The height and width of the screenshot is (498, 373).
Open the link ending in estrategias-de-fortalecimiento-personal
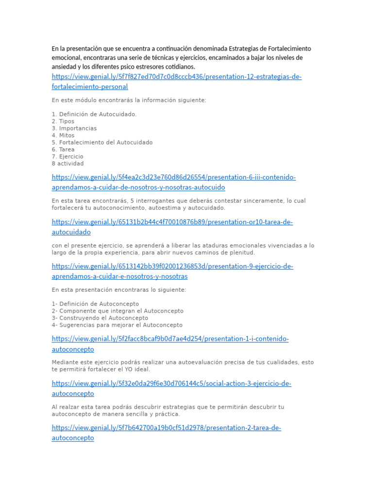(177, 77)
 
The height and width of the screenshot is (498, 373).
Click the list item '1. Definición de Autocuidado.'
(94, 114)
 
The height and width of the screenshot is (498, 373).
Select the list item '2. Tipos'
(63, 122)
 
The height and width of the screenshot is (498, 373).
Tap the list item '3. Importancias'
(74, 128)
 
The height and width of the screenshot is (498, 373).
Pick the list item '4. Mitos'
(63, 136)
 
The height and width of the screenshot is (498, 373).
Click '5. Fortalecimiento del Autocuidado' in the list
(102, 142)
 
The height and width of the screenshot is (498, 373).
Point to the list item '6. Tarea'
(63, 150)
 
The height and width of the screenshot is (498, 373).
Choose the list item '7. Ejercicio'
(68, 157)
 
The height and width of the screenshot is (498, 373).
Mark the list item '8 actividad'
(68, 164)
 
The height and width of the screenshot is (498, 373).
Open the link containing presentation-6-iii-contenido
(174, 178)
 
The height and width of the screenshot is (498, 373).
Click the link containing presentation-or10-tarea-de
(172, 222)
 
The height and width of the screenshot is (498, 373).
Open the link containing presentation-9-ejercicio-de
(172, 267)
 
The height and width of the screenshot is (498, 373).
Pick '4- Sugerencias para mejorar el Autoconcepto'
(117, 325)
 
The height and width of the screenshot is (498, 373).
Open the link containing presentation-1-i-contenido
(170, 339)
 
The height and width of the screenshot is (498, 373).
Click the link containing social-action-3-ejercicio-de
(171, 384)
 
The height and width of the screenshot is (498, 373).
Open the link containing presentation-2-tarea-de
(167, 428)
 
